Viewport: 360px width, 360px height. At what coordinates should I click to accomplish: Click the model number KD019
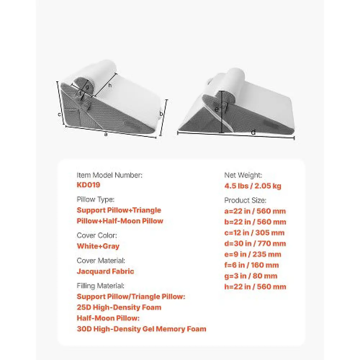point(89,185)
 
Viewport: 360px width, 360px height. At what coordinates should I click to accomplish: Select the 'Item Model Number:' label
point(109,175)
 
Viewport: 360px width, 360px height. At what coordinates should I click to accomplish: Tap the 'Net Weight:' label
point(243,175)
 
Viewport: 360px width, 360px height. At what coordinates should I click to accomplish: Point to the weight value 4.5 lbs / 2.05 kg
point(252,186)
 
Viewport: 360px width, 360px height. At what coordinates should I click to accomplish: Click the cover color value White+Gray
point(98,246)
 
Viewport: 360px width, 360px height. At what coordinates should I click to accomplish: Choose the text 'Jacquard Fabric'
point(105,271)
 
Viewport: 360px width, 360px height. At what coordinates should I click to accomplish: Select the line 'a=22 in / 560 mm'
point(255,211)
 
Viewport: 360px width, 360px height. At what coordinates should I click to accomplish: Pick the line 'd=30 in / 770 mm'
point(255,244)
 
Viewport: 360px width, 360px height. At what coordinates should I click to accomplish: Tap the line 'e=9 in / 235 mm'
point(252,255)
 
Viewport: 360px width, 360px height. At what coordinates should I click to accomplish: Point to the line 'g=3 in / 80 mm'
point(251,276)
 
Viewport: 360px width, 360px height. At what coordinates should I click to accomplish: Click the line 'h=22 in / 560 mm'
point(255,287)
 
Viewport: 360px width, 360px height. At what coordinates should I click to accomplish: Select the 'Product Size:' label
point(245,201)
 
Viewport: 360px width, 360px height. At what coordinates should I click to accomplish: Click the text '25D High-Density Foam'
point(119,307)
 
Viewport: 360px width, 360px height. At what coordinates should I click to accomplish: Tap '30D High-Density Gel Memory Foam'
point(141,329)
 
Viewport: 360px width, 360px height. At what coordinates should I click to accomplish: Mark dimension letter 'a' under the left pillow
point(105,134)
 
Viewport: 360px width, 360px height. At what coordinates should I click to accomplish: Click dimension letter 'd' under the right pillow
point(253,132)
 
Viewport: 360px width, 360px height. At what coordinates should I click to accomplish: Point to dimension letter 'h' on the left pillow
point(110,85)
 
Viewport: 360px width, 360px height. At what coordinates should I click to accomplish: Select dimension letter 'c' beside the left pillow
point(59,114)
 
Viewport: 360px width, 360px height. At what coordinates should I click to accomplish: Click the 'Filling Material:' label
point(100,286)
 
